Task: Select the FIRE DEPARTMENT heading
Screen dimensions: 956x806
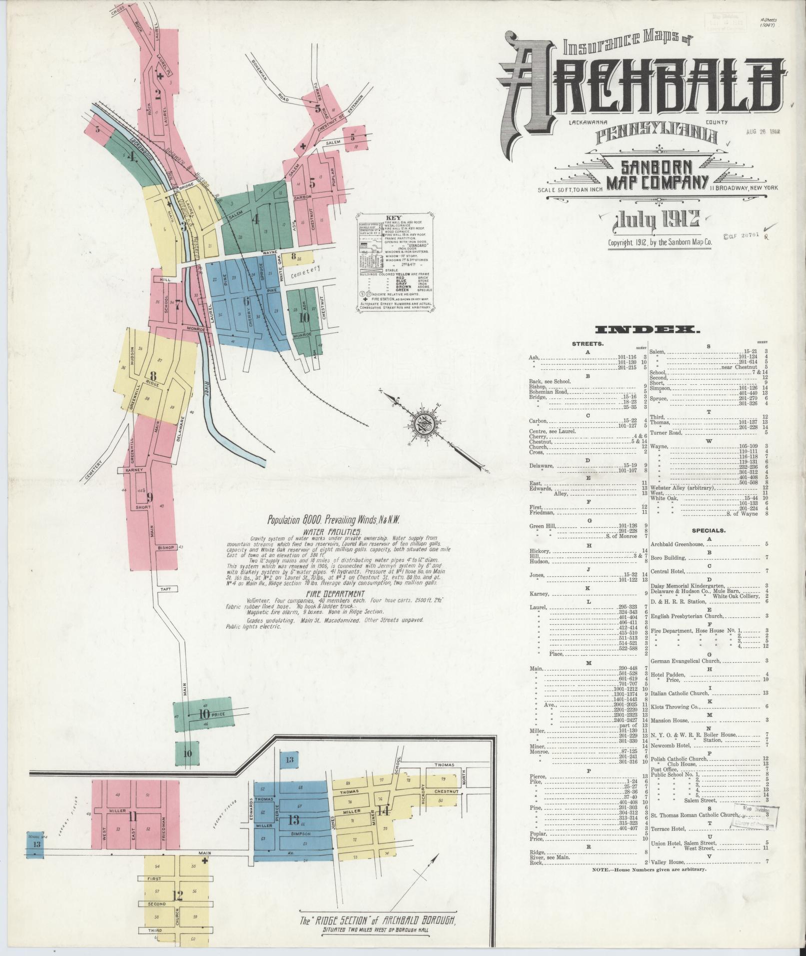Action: pyautogui.click(x=336, y=593)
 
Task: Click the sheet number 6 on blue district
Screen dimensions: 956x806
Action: pyautogui.click(x=245, y=301)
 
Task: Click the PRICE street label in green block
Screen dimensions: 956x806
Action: pyautogui.click(x=218, y=714)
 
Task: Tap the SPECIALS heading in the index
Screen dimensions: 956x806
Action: pyautogui.click(x=709, y=530)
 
